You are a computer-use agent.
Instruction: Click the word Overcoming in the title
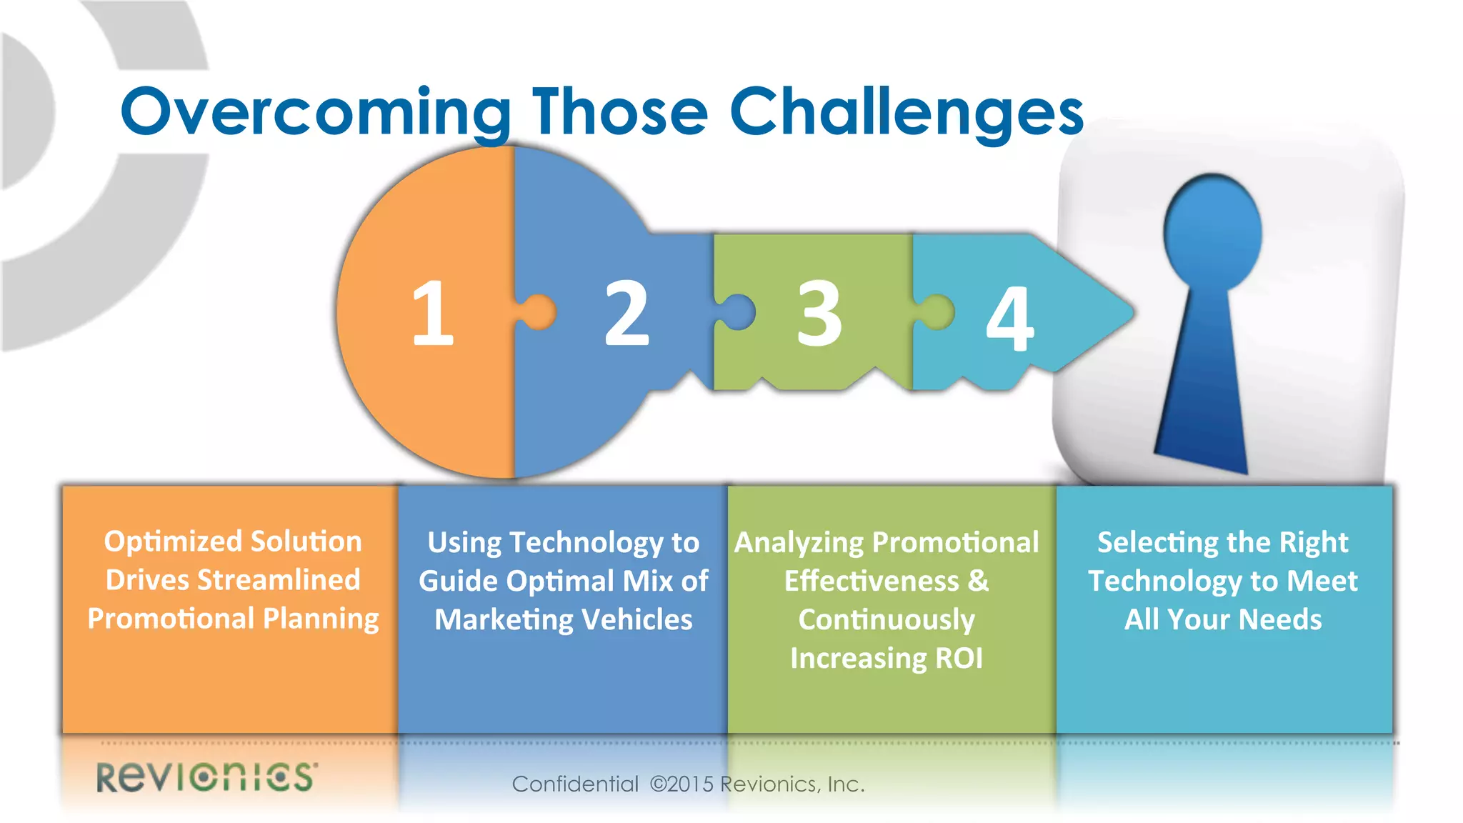pyautogui.click(x=314, y=113)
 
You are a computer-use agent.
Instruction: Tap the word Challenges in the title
pyautogui.click(x=906, y=113)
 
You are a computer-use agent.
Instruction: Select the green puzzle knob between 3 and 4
pyautogui.click(x=936, y=312)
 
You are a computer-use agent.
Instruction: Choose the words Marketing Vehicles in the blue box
pyautogui.click(x=563, y=619)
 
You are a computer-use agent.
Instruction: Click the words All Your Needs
pyautogui.click(x=1223, y=619)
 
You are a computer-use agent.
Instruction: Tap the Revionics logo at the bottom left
pyautogui.click(x=207, y=777)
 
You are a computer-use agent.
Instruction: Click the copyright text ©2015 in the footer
pyautogui.click(x=681, y=784)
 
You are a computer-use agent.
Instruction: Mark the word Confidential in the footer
pyautogui.click(x=575, y=784)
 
